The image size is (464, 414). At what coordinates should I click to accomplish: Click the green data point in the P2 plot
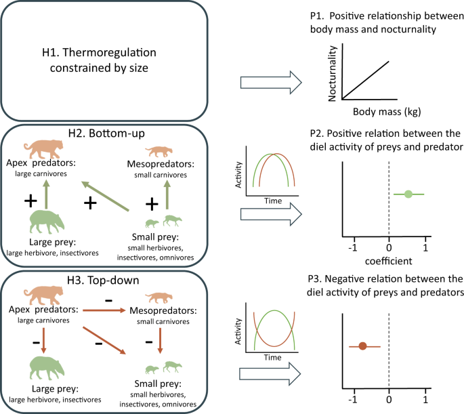point(408,194)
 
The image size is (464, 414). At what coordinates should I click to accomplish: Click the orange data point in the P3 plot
point(362,346)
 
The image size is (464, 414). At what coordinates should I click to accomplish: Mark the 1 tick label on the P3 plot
point(425,400)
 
